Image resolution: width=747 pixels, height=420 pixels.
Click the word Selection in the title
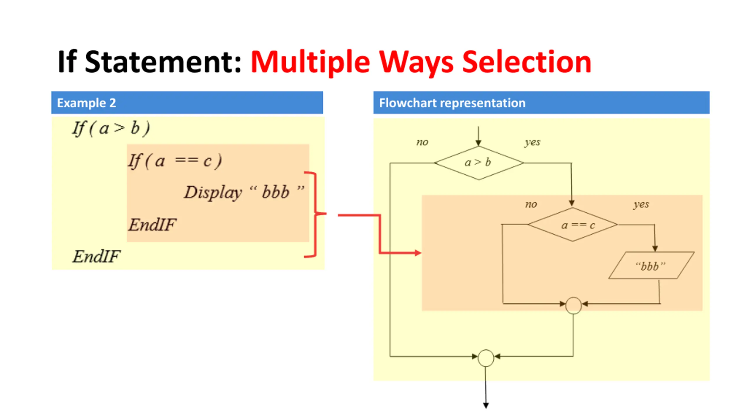click(527, 62)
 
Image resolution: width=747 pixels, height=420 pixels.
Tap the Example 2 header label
click(86, 103)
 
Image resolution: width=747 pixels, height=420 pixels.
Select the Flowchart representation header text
click(452, 103)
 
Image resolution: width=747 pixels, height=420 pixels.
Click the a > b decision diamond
click(479, 163)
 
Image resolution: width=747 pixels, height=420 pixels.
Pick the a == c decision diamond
click(573, 225)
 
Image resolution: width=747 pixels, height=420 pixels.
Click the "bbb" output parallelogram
click(651, 265)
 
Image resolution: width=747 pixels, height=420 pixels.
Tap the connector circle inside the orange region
click(573, 305)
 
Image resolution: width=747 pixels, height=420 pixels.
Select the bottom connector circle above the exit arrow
click(486, 358)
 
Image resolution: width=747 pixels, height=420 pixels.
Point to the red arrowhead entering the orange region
click(418, 253)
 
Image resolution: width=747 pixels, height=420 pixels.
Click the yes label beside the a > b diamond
click(532, 142)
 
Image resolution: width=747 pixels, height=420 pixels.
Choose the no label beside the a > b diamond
click(422, 142)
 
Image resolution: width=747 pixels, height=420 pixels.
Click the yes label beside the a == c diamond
click(641, 204)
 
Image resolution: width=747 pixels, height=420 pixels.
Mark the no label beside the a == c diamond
click(531, 204)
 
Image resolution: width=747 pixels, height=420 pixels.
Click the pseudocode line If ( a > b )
click(111, 128)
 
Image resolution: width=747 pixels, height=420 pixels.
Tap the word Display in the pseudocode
click(213, 192)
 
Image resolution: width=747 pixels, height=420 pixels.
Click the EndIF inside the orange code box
click(152, 225)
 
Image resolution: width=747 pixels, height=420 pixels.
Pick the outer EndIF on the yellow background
click(96, 257)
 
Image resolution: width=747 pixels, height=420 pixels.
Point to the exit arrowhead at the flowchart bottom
click(486, 405)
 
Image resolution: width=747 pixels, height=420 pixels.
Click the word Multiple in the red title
click(310, 62)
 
